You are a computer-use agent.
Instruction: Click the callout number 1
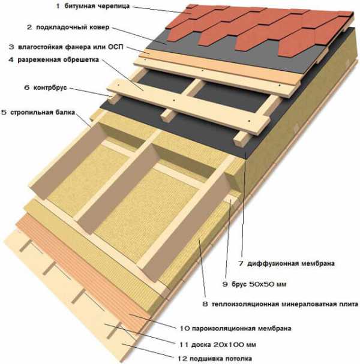pos(59,7)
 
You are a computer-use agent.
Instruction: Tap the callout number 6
pos(27,88)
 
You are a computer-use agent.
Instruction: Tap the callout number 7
pos(241,263)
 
